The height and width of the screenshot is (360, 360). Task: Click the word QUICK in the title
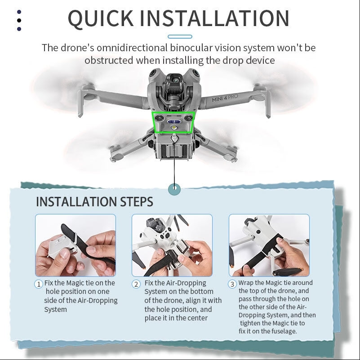tap(100, 18)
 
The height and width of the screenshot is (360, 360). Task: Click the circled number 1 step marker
tap(39, 284)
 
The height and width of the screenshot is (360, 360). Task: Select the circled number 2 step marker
tap(136, 284)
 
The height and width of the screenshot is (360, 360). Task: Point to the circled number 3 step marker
tap(232, 284)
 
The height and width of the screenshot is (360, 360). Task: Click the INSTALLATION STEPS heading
tap(94, 202)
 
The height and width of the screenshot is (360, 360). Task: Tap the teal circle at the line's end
tap(173, 189)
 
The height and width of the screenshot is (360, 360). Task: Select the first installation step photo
tap(76, 245)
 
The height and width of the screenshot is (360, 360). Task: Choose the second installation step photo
tap(172, 245)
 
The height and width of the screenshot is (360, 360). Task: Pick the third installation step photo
tap(269, 245)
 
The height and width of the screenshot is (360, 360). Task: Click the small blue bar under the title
tap(179, 36)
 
